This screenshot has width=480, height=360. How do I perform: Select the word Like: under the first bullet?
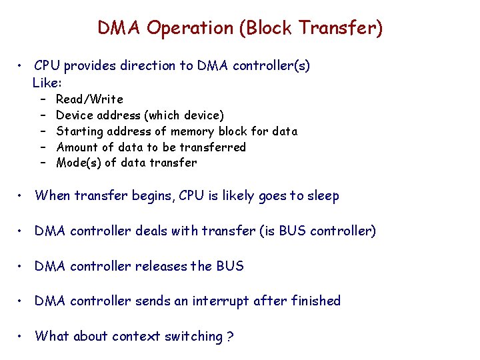click(47, 83)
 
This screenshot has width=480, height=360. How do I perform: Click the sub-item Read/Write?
click(90, 99)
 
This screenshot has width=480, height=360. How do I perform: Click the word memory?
click(193, 131)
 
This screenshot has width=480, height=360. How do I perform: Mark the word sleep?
click(322, 196)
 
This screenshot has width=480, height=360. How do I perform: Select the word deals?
click(153, 231)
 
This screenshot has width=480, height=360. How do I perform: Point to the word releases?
click(161, 266)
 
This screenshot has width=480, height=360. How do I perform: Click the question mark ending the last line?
click(230, 337)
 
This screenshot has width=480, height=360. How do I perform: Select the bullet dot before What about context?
click(22, 337)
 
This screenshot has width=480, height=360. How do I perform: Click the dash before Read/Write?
click(41, 99)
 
